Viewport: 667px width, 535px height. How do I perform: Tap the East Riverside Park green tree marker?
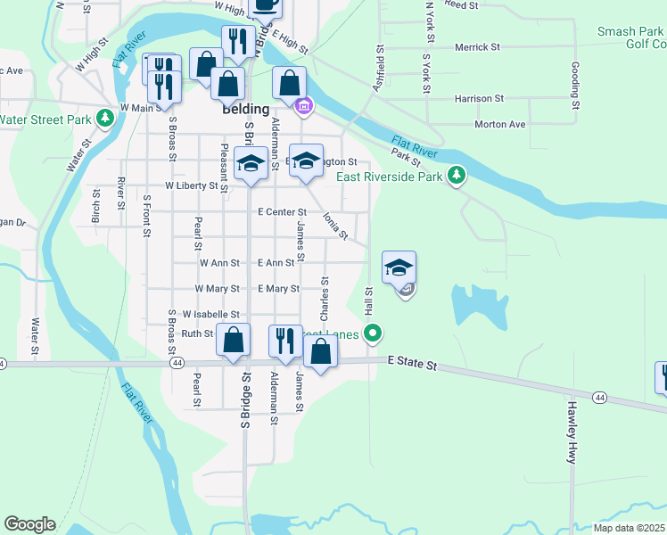(457, 174)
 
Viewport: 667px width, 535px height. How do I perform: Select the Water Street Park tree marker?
(105, 117)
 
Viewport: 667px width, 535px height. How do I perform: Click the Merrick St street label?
(477, 47)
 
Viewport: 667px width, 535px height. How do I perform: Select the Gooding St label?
(576, 86)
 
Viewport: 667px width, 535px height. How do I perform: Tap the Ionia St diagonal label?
(335, 225)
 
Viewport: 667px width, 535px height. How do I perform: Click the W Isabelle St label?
(210, 315)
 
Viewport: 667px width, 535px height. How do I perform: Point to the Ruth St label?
(197, 333)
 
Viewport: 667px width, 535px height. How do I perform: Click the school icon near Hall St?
(399, 267)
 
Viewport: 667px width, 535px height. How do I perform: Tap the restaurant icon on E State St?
(285, 341)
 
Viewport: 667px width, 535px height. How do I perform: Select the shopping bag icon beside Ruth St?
(233, 341)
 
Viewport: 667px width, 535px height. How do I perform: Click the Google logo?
(29, 524)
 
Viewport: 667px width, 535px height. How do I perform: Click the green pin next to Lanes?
(374, 334)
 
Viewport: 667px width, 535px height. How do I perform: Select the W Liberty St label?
(191, 186)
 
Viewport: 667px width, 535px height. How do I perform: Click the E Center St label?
(281, 212)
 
